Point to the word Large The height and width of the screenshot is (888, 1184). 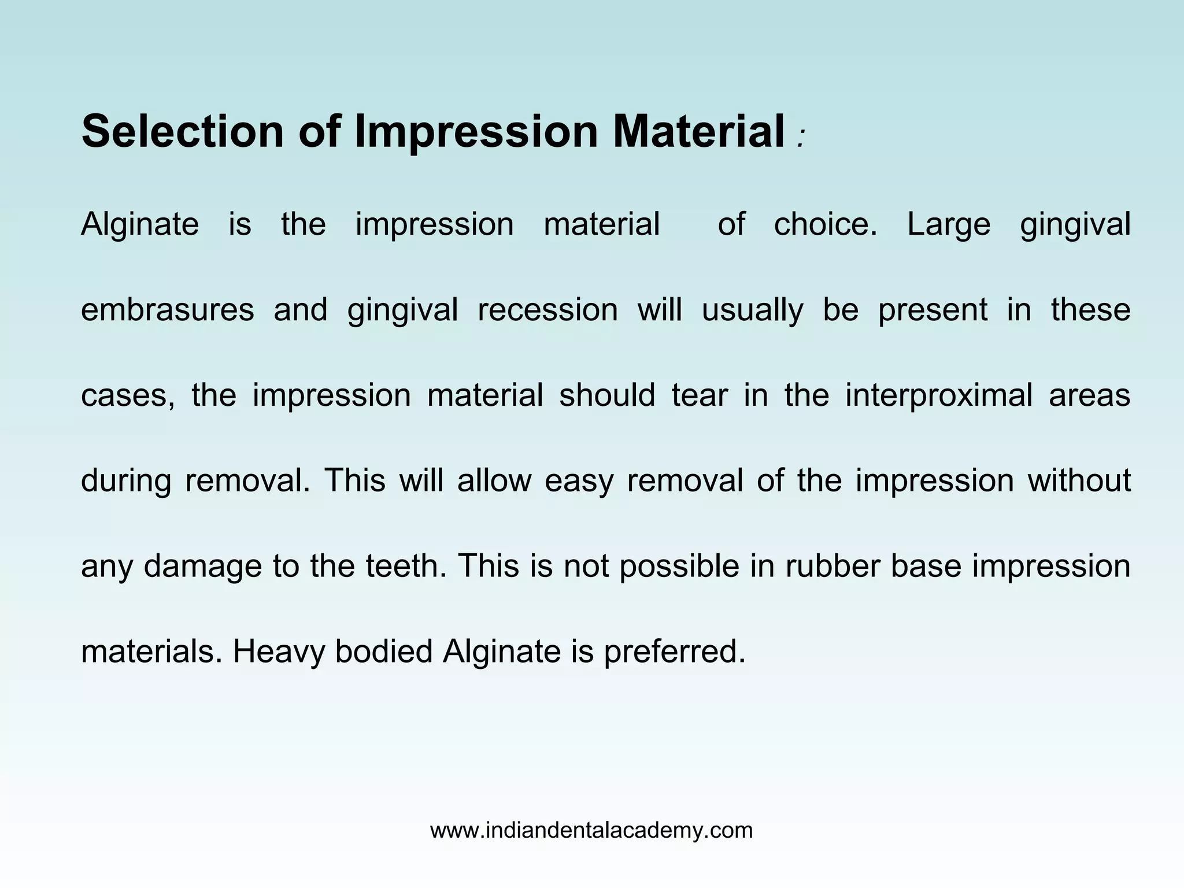coord(949,225)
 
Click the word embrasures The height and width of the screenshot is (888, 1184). coord(167,310)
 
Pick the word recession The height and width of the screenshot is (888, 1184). coord(547,310)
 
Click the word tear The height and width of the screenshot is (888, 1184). coord(699,395)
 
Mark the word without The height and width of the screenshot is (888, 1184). coord(1079,480)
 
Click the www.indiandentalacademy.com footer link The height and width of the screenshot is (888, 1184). coord(591,831)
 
